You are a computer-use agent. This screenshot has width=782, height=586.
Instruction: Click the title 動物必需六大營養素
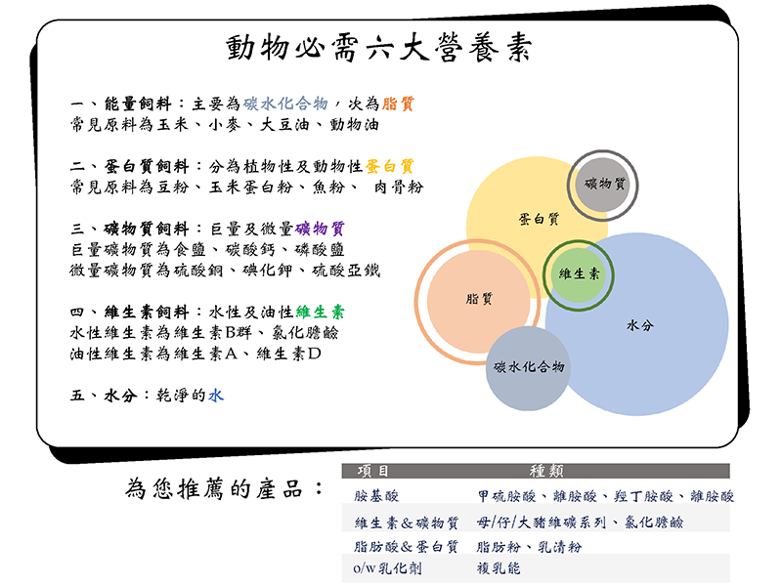coord(379,48)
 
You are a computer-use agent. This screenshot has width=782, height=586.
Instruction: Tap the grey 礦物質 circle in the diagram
coord(603,185)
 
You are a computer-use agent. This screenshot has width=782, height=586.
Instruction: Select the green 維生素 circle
coord(579,275)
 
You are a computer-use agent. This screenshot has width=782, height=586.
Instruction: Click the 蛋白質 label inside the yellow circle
coord(540,219)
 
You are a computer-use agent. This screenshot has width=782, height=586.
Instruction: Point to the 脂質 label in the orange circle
coord(479,299)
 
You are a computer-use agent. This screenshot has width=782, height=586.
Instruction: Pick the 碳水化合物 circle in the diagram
coord(528,368)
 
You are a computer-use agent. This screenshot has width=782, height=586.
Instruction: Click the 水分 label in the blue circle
coord(640,325)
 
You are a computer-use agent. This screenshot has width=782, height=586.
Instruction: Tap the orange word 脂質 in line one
coord(398,104)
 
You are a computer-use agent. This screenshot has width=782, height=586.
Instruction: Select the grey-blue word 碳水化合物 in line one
coord(285,104)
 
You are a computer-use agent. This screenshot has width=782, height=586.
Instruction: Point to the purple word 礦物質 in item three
coord(320,229)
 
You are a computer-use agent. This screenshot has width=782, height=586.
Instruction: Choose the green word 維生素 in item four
coord(320,312)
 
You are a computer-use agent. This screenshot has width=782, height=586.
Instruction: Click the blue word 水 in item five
coord(216,396)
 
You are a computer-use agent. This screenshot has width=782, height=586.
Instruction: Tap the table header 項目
coord(373,471)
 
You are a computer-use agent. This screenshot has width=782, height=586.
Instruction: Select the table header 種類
coord(546,471)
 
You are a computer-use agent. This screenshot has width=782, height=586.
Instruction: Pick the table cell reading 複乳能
coord(499,568)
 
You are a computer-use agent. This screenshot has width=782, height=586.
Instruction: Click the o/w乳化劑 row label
coord(387,568)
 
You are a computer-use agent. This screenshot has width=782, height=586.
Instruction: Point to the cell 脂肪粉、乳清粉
coord(529,547)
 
